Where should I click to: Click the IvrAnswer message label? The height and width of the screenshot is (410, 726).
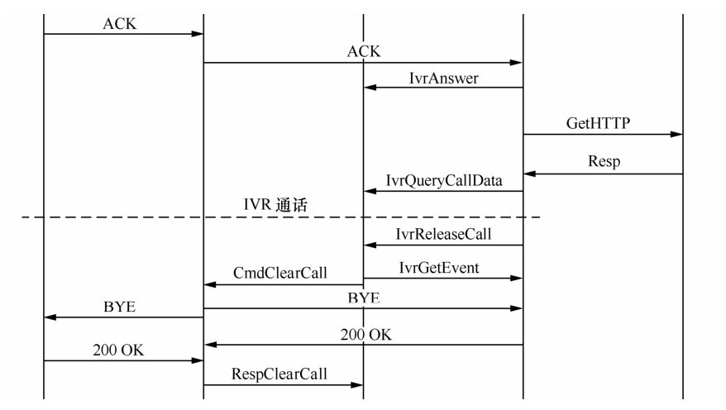[443, 78]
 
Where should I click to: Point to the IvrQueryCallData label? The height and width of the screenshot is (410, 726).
[443, 180]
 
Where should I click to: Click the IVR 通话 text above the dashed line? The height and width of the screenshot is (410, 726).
[275, 206]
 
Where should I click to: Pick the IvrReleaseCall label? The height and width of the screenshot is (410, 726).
[445, 234]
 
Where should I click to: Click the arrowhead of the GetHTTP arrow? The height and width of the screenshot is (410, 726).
[678, 134]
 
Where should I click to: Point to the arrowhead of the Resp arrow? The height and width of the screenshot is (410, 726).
[529, 174]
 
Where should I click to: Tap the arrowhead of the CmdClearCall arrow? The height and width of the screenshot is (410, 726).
[209, 284]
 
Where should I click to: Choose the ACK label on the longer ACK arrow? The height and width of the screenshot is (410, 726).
[364, 52]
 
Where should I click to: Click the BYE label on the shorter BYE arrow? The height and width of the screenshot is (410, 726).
[119, 307]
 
